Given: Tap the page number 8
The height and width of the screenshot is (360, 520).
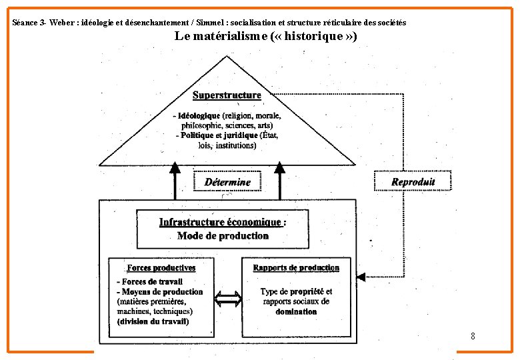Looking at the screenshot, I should tap(473, 336).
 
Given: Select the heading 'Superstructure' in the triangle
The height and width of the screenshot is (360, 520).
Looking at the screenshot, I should tap(227, 95).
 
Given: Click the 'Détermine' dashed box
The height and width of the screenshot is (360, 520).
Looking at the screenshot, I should tap(227, 182).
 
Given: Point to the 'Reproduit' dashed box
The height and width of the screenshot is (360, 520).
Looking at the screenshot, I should tap(413, 181).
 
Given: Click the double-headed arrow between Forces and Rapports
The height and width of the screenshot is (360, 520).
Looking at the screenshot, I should tap(229, 299).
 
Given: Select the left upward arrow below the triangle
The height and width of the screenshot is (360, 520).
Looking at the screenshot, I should tap(175, 180).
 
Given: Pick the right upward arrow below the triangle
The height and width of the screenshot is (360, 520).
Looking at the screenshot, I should tap(279, 180).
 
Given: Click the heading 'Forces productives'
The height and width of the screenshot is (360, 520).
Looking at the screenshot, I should tap(161, 268).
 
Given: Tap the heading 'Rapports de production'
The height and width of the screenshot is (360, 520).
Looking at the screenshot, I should tap(296, 268).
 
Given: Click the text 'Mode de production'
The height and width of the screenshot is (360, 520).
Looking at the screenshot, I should tap(223, 236).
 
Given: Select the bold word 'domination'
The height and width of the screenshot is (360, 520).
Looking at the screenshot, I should tap(296, 311).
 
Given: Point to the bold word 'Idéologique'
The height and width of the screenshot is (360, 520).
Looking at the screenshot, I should tap(199, 115).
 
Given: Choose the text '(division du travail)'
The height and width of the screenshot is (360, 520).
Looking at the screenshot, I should tap(153, 321).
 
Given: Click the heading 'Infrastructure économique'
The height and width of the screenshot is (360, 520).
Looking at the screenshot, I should tap(220, 222).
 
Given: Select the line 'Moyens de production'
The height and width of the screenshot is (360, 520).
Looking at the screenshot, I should tap(162, 291).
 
